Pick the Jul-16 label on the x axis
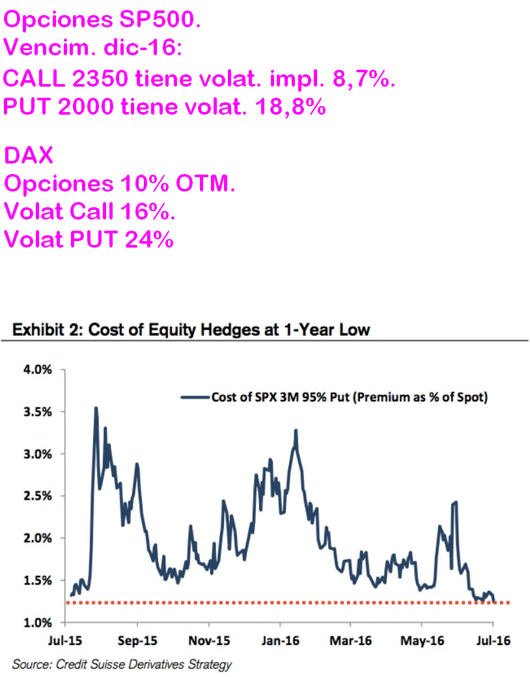[x=492, y=641]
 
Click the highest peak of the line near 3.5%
[x=96, y=408]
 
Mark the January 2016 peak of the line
[x=296, y=430]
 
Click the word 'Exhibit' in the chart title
[x=38, y=330]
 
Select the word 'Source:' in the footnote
[x=33, y=665]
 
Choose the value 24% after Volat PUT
[x=151, y=239]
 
